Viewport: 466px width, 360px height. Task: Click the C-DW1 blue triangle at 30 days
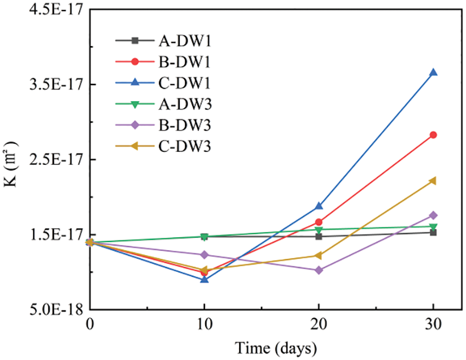433,72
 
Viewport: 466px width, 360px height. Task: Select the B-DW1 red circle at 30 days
433,135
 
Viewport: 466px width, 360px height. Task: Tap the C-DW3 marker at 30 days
433,181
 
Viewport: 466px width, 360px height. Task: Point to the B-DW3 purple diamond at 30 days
433,215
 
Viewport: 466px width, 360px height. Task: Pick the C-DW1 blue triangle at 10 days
204,279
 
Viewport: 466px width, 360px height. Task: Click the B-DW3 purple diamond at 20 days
319,270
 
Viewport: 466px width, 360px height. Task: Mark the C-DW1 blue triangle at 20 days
319,206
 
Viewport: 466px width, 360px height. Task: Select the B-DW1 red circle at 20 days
319,222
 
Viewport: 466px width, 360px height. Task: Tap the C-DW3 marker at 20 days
319,256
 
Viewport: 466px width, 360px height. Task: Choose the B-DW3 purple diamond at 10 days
204,255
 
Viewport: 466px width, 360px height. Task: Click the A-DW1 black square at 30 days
433,232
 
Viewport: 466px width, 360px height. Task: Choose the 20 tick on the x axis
319,323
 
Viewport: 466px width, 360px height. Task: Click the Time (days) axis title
275,346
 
